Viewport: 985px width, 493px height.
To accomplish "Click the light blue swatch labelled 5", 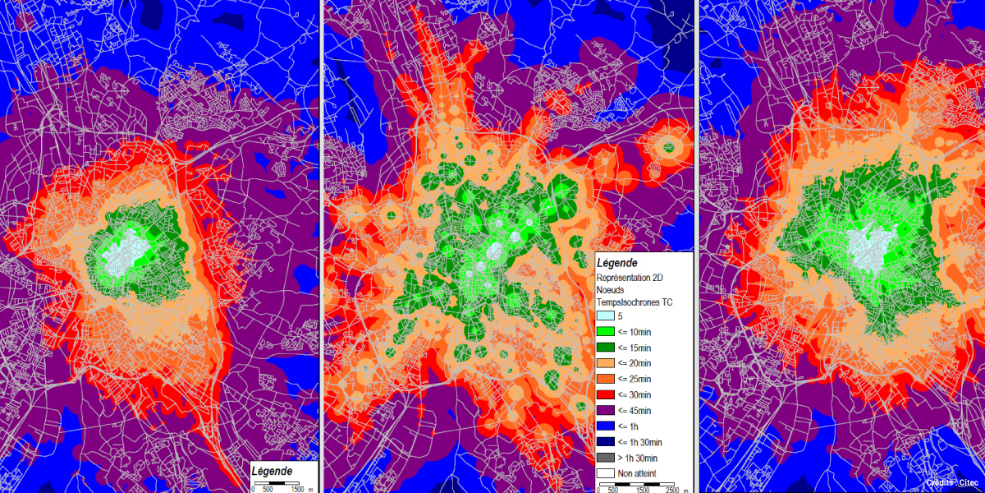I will (x=605, y=316).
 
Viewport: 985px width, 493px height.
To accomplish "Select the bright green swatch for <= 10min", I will (x=605, y=331).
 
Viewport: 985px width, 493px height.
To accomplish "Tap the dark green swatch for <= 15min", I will (x=605, y=347).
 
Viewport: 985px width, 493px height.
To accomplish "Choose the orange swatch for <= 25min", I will (x=605, y=379).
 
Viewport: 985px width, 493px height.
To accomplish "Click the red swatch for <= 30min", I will (x=605, y=394).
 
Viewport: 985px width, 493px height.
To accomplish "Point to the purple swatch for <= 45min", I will (x=605, y=410).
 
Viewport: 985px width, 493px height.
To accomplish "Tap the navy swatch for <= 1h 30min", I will (x=605, y=442).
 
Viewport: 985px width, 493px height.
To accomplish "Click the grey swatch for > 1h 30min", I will (x=605, y=458).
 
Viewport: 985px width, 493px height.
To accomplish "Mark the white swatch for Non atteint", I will (x=605, y=473).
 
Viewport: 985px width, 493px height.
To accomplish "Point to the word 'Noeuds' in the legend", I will (x=612, y=290).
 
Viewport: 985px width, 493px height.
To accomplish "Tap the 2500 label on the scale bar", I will (x=671, y=490).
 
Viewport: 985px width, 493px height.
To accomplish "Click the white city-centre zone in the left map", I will (x=123, y=255).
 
